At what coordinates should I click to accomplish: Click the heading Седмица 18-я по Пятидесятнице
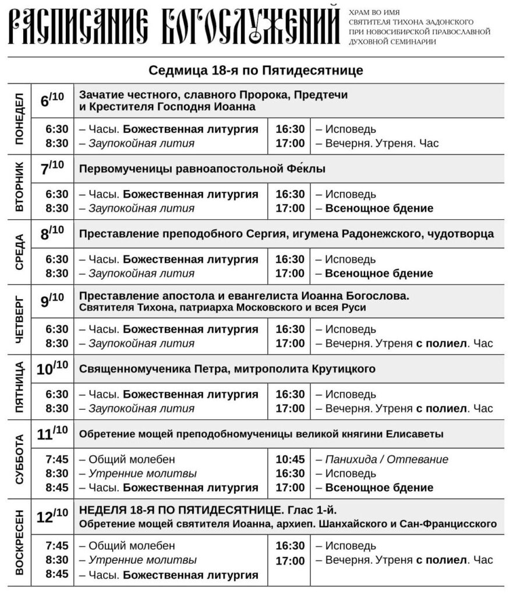pos(256,71)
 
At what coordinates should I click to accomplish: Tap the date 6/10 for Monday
pos(52,100)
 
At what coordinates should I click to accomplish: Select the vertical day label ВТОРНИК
pos(19,187)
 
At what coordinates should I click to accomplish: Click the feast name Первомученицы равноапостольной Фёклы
pos(202,169)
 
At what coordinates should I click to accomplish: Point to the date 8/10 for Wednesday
pos(52,234)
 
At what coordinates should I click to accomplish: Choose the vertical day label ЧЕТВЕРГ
pos(19,318)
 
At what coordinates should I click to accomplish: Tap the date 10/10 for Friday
pos(52,368)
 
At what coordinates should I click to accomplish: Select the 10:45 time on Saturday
pos(290,459)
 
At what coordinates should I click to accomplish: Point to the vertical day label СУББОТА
pos(19,458)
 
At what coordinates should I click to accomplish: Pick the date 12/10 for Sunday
pos(52,517)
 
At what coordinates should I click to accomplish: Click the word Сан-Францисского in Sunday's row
pos(448,524)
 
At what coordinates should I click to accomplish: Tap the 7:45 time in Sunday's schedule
pos(57,546)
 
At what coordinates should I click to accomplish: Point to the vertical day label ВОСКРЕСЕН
pos(19,542)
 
